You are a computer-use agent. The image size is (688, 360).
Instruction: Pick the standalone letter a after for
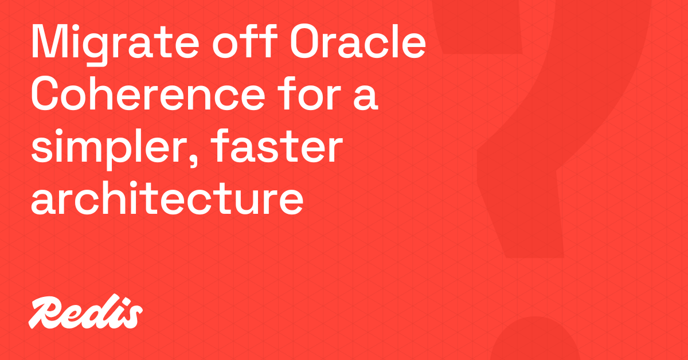click(x=366, y=98)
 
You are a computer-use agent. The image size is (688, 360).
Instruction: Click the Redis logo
click(x=86, y=313)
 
